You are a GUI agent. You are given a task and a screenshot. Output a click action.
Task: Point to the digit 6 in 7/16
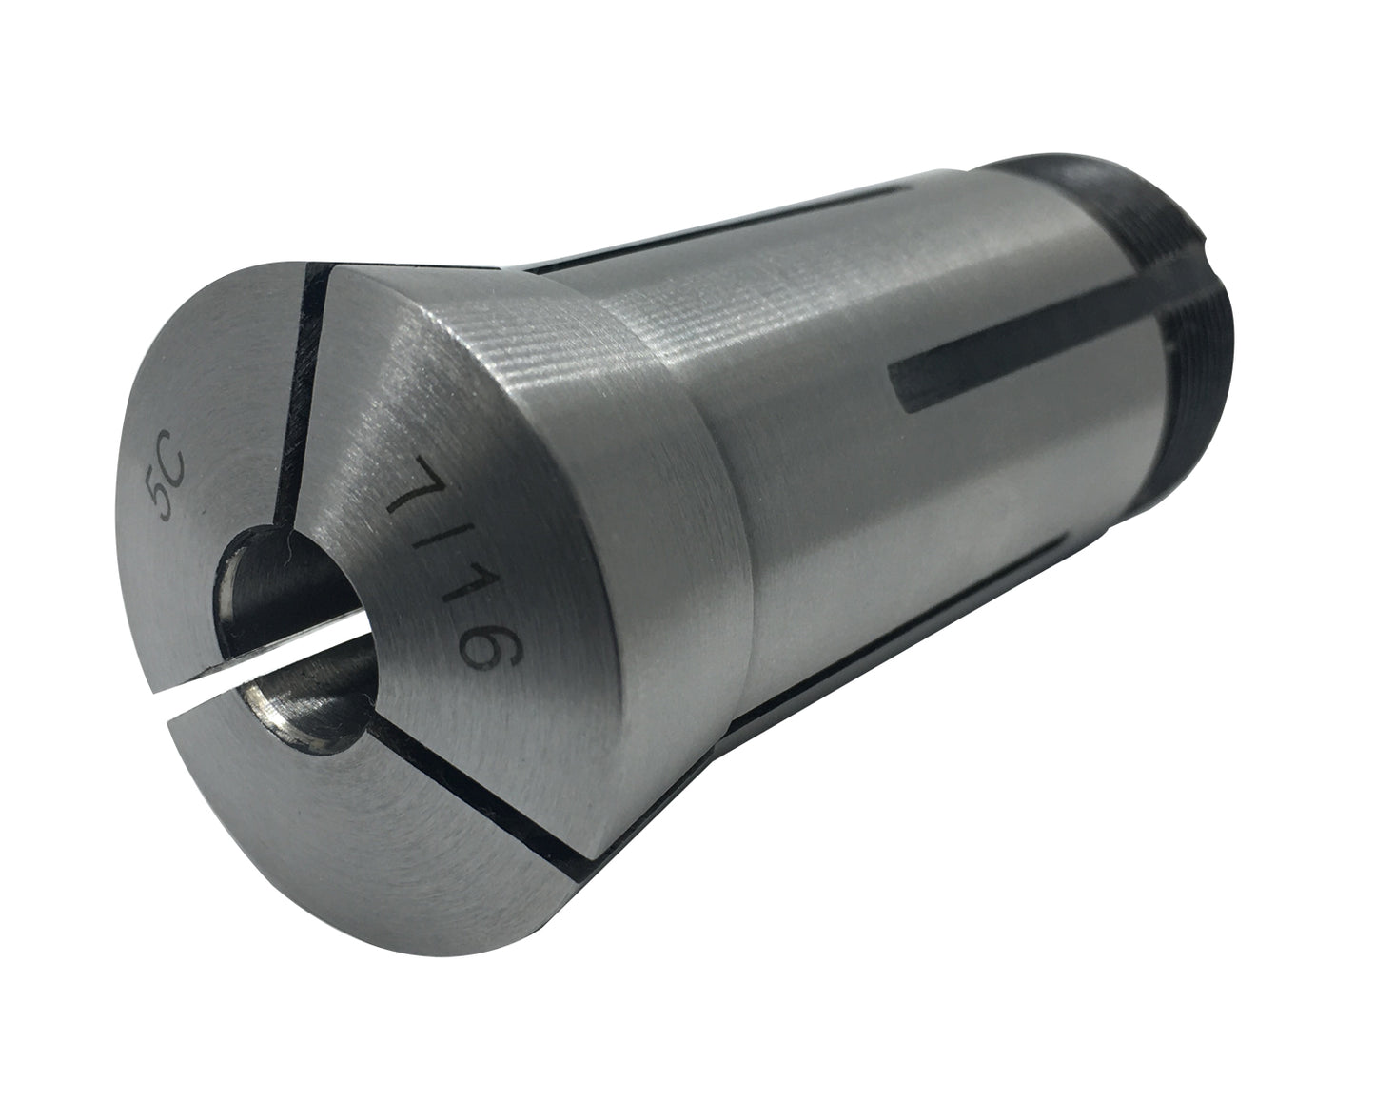click(x=491, y=650)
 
